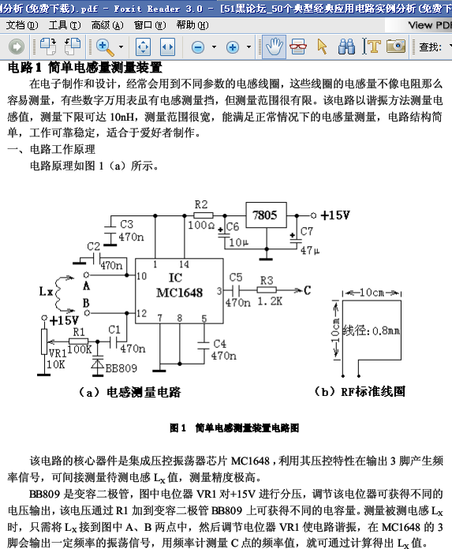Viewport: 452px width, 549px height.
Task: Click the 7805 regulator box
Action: tap(266, 215)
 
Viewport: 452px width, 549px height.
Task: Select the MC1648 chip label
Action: tap(179, 293)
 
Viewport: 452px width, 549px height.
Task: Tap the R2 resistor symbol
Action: tap(203, 215)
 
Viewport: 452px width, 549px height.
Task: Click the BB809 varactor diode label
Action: tap(121, 368)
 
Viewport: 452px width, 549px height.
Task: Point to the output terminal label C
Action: tap(307, 290)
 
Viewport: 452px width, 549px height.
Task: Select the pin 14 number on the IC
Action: tap(184, 264)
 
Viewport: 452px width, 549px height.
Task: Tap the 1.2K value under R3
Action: tap(270, 301)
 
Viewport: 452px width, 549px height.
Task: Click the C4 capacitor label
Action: tap(219, 343)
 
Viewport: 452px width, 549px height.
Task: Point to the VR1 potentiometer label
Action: tap(57, 353)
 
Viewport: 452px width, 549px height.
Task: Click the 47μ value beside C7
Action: tap(310, 250)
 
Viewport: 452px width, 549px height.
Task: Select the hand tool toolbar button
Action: tap(275, 47)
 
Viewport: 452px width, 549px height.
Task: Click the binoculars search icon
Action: tap(346, 47)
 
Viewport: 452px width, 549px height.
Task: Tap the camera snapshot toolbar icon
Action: tap(396, 47)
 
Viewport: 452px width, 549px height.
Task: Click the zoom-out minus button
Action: tap(198, 47)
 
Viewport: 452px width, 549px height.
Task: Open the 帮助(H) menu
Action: tap(192, 25)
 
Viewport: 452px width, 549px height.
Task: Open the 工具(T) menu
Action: tap(65, 25)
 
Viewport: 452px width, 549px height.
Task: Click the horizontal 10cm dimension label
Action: tap(372, 293)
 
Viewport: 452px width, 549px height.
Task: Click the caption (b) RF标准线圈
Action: tap(360, 391)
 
